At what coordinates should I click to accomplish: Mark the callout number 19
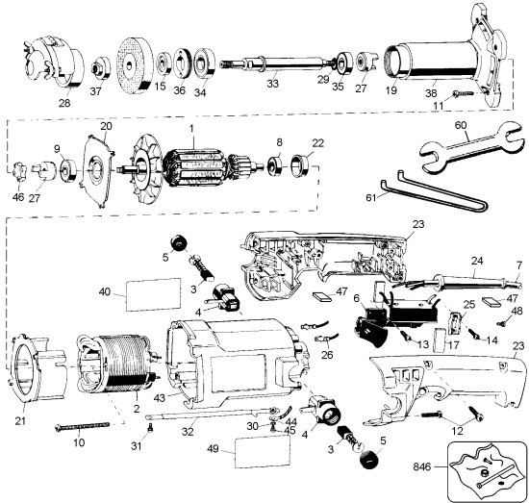point(390,88)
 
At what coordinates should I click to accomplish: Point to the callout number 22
point(317,143)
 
